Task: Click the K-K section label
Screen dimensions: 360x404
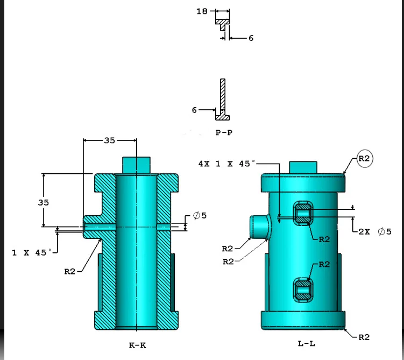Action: (137, 345)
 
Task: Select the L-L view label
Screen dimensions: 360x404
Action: (306, 343)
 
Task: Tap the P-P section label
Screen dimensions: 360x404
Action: (224, 132)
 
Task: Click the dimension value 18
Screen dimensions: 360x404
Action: (202, 11)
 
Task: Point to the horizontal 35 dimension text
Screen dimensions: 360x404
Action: (109, 140)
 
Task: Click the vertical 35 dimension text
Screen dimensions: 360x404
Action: (43, 202)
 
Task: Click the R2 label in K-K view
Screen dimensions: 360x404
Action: (70, 271)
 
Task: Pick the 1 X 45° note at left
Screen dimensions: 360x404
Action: (32, 252)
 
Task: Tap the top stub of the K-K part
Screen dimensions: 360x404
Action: (137, 165)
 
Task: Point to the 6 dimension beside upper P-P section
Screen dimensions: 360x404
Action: (250, 38)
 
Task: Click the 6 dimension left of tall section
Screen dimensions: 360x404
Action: (194, 110)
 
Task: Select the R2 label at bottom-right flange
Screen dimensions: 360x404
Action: (364, 337)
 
